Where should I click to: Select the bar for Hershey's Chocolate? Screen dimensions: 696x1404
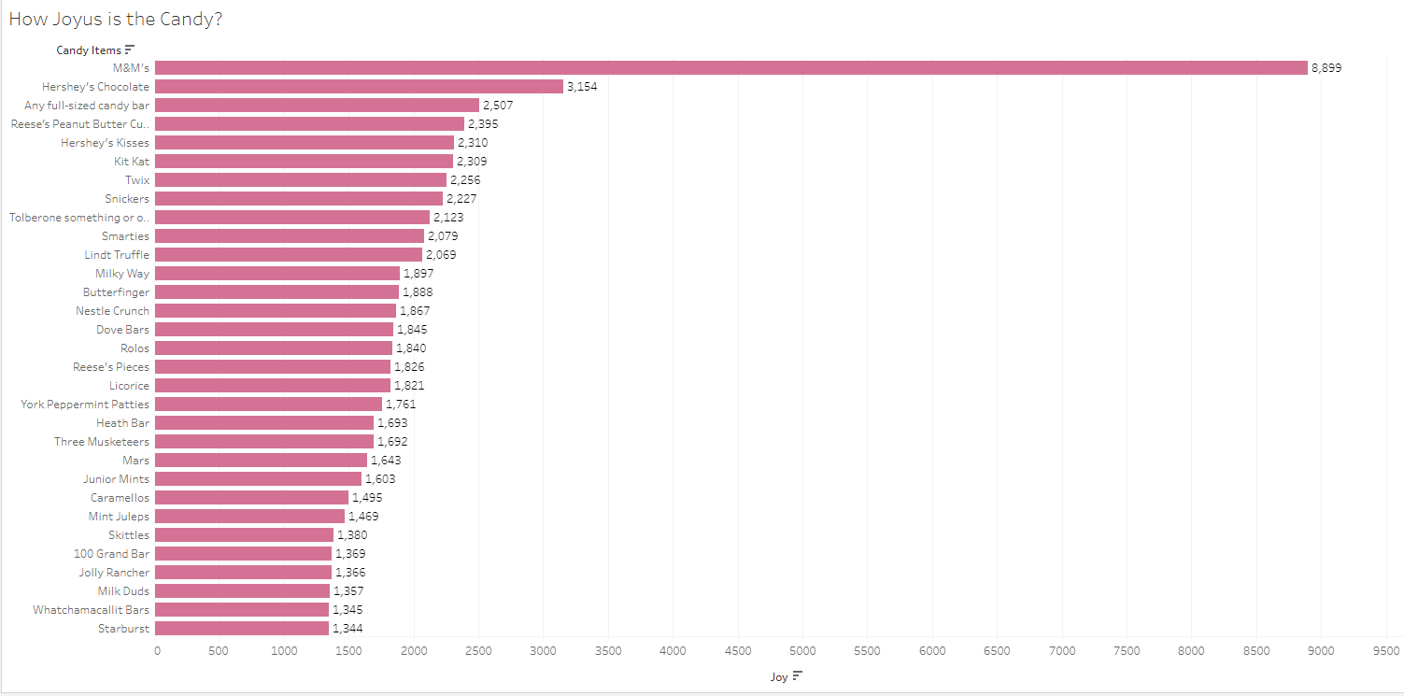tap(360, 86)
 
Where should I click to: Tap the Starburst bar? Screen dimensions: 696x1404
tap(242, 628)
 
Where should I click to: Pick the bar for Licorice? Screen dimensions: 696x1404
tap(273, 385)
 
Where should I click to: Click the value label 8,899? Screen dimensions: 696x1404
tap(1326, 68)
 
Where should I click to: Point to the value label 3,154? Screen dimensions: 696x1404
tap(582, 87)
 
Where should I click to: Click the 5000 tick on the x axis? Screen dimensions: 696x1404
tap(802, 651)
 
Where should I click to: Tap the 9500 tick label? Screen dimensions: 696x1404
tap(1384, 651)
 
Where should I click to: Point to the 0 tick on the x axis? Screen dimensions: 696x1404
tap(157, 651)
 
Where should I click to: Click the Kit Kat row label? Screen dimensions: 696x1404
tap(132, 162)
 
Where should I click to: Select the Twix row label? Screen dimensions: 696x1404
tap(137, 180)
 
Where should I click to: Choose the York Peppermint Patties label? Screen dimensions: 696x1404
tap(85, 405)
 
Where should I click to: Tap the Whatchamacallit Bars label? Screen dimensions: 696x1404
tap(91, 610)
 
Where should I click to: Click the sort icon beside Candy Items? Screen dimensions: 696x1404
tap(130, 50)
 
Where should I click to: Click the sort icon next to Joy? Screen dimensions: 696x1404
tap(797, 676)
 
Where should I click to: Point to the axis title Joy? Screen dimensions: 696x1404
tap(779, 677)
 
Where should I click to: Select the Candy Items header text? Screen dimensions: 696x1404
tap(88, 50)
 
